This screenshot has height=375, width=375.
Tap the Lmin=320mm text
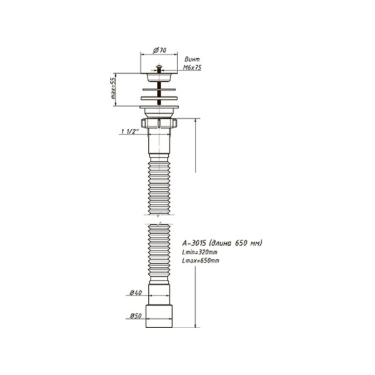click(x=199, y=252)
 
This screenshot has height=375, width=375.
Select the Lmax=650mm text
click(x=200, y=260)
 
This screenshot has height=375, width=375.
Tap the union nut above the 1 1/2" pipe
click(x=161, y=122)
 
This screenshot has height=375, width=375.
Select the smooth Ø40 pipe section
click(x=160, y=293)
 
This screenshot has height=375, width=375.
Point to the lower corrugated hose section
click(x=160, y=253)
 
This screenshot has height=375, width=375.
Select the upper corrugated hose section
click(x=160, y=184)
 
